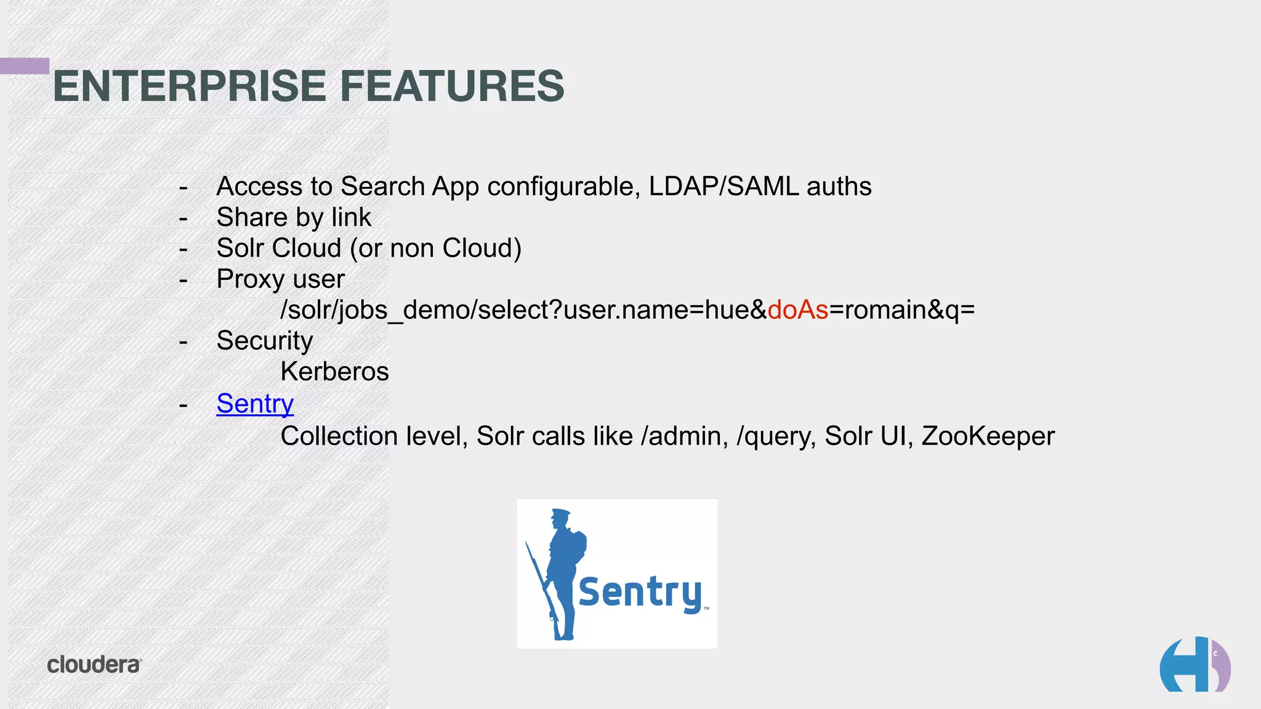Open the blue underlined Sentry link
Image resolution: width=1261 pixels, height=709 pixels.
click(255, 404)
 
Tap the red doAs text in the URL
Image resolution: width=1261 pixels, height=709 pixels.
click(798, 310)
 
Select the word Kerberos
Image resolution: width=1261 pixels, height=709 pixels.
click(334, 372)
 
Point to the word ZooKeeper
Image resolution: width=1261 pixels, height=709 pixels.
click(988, 436)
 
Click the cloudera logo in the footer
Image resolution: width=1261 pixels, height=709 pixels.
click(94, 665)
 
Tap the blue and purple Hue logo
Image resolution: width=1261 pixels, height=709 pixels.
click(1195, 665)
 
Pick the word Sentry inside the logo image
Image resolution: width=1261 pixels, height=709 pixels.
click(640, 592)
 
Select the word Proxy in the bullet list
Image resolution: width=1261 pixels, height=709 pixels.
click(250, 279)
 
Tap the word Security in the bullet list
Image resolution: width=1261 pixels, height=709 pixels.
click(265, 341)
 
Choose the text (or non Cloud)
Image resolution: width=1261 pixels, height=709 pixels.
click(436, 249)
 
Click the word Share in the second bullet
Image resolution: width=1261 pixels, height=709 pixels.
click(252, 217)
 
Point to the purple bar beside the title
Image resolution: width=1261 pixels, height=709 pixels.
click(24, 66)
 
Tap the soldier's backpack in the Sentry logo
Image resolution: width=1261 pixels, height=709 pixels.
click(578, 545)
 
